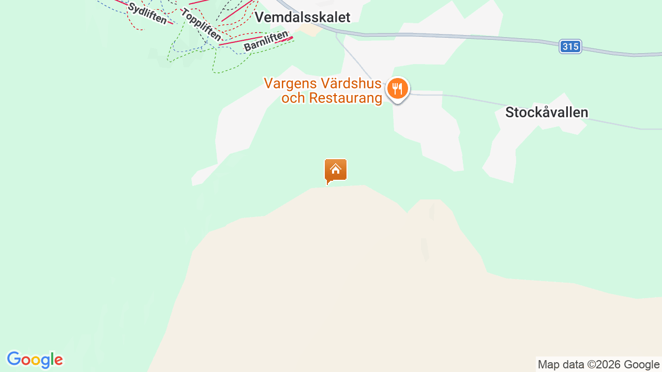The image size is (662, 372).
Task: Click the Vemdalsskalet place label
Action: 303,17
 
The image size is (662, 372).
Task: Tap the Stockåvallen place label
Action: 547,112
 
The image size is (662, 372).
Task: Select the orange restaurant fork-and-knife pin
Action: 397,89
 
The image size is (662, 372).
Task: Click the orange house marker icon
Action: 335,170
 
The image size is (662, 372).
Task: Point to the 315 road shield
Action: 570,47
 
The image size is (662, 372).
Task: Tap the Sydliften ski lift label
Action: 147,13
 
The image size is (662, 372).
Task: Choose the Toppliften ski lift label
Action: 201,24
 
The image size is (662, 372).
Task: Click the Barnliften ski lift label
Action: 266,41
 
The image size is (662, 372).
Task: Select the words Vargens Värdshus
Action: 322,83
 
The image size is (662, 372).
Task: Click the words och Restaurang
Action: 332,98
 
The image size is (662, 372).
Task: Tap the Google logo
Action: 35,360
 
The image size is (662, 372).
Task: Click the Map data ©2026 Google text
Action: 598,364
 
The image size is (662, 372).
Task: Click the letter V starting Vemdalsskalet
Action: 260,17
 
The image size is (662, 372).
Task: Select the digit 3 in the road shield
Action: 565,47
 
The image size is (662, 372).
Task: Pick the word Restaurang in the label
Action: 347,98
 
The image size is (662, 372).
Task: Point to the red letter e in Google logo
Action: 58,361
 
